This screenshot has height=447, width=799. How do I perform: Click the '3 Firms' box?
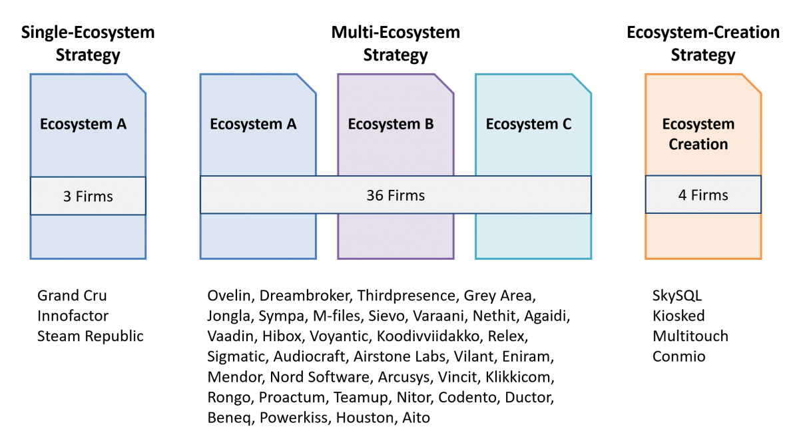click(x=88, y=196)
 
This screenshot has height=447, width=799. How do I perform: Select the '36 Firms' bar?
click(x=396, y=195)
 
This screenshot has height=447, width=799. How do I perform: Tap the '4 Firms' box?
click(x=703, y=195)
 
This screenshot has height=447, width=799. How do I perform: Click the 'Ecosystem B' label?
click(x=391, y=124)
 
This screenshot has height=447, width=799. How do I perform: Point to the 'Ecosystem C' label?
click(x=528, y=124)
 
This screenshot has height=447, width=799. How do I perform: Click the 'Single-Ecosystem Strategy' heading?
click(x=88, y=43)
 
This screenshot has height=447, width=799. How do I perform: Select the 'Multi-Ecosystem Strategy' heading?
click(x=396, y=43)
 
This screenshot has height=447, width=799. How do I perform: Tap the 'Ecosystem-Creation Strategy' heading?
click(x=703, y=43)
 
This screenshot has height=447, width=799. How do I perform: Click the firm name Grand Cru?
click(x=72, y=295)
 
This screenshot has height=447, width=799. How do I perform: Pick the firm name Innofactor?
click(x=73, y=316)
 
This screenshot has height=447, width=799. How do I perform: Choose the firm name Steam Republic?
click(x=91, y=336)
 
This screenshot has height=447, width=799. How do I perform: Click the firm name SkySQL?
click(x=677, y=296)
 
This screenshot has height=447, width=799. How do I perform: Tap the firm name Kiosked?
click(x=678, y=316)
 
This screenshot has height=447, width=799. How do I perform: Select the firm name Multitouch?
click(x=690, y=336)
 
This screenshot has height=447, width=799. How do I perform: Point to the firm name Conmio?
click(x=678, y=356)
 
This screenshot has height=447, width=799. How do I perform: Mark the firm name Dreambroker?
click(x=304, y=295)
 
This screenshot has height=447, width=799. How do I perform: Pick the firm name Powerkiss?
click(x=294, y=418)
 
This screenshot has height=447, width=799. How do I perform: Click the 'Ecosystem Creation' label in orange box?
click(x=698, y=134)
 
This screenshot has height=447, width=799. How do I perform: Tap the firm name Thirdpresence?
click(x=406, y=296)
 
